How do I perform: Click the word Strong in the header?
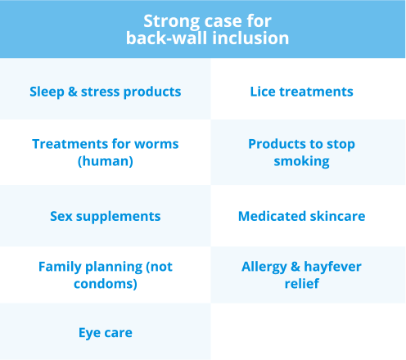[171, 21]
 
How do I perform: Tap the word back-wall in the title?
[166, 38]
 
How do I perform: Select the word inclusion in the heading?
[250, 38]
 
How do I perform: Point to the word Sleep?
[47, 92]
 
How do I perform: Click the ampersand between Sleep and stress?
[73, 92]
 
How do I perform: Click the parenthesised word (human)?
[106, 161]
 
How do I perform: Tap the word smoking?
[301, 161]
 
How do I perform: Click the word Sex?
[61, 216]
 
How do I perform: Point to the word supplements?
[118, 217]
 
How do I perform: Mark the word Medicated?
[272, 216]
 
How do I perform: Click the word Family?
[60, 267]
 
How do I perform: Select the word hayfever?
[332, 267]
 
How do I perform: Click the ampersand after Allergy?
[295, 267]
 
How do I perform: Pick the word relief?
[302, 284]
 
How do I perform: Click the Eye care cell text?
[106, 333]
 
